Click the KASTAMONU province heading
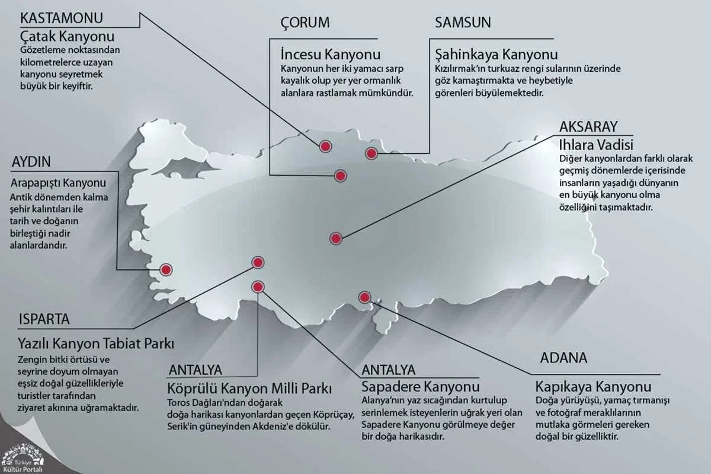tap(62, 18)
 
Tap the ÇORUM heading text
tap(305, 23)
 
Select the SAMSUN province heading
tap(463, 23)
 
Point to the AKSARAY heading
tap(588, 126)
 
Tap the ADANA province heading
tap(563, 358)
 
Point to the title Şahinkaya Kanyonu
tap(496, 55)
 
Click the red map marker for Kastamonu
tap(325, 147)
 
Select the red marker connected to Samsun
tap(371, 154)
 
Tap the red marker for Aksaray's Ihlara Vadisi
tap(336, 238)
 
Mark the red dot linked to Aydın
tap(166, 269)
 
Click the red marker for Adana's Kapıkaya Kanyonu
tap(364, 297)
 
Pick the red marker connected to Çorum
tap(340, 176)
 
